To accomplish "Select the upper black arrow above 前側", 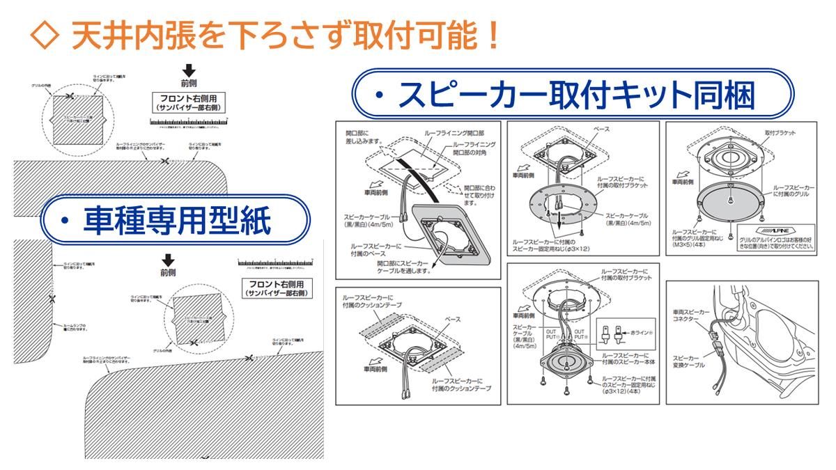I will pos(187,70).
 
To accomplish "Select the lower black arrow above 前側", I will pos(167,260).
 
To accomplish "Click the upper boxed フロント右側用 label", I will pos(188,104).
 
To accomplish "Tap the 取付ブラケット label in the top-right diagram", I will pos(780,132).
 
